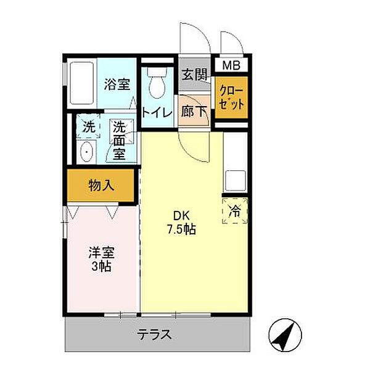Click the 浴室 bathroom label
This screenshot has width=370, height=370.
(x=116, y=83)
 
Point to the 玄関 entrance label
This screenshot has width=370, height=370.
(x=195, y=75)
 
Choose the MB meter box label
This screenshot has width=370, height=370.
(x=232, y=65)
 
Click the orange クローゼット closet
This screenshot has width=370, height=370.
(x=232, y=97)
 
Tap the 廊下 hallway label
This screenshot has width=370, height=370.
(x=195, y=112)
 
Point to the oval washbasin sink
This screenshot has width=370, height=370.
(x=86, y=151)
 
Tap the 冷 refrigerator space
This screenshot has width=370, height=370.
(x=235, y=209)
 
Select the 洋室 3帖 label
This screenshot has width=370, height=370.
(x=101, y=259)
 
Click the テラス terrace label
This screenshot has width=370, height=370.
(x=154, y=336)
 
